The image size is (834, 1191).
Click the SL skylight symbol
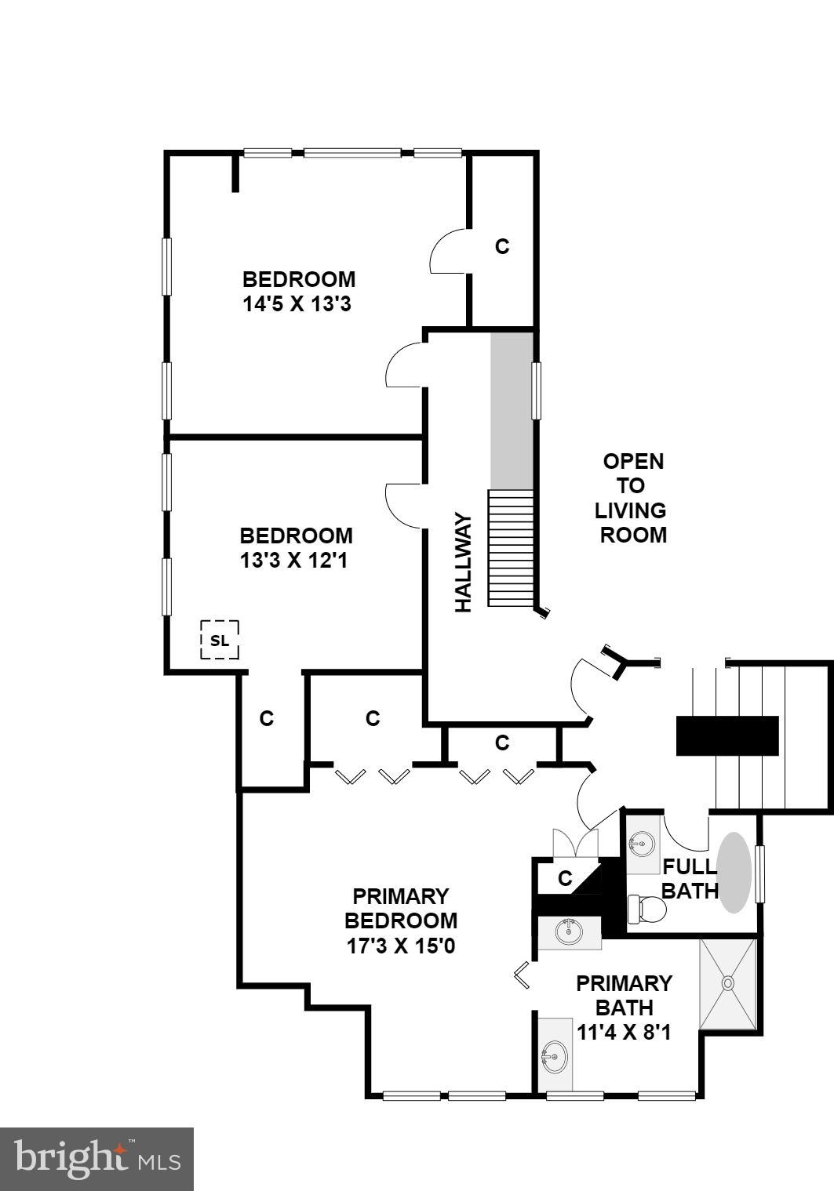(x=220, y=640)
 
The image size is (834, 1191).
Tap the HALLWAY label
(x=464, y=562)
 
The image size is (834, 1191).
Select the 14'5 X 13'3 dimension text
(x=297, y=304)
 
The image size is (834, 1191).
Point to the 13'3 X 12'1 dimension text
(x=296, y=561)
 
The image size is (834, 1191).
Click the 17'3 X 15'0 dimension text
(x=400, y=946)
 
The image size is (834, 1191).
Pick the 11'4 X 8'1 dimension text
(x=624, y=1032)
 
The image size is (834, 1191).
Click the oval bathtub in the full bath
(x=735, y=872)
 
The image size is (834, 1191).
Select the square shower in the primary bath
(x=728, y=982)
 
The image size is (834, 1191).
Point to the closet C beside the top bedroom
(x=502, y=246)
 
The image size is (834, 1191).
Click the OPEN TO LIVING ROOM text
(x=632, y=498)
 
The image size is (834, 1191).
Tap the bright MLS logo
(x=97, y=1159)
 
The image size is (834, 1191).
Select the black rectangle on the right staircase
(x=727, y=735)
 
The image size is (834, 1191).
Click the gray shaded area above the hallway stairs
(x=512, y=410)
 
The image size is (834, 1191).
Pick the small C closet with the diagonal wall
(x=565, y=878)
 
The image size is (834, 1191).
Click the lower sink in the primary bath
(x=555, y=1055)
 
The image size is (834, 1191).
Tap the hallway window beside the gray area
(x=537, y=390)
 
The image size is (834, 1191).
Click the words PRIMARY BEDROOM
(x=400, y=908)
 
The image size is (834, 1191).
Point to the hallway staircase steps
(x=512, y=548)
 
